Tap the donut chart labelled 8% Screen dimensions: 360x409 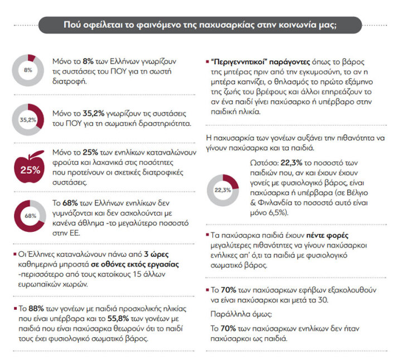(28, 70)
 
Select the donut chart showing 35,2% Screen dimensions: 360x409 (28, 119)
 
